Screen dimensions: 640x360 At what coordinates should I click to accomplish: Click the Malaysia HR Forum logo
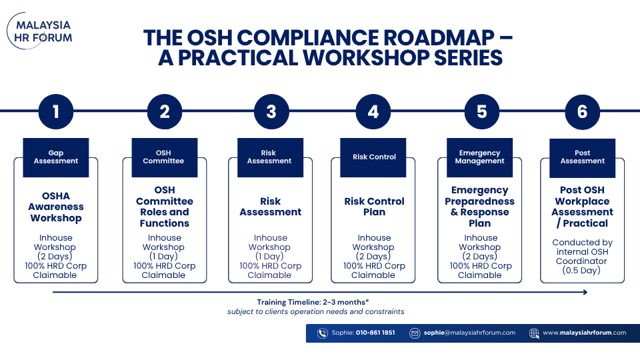39,31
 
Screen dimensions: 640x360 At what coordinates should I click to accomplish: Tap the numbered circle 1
56,111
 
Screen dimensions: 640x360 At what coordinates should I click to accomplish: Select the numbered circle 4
373,111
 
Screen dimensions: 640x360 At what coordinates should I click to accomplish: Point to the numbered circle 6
582,111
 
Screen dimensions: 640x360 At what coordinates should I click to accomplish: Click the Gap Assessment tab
56,157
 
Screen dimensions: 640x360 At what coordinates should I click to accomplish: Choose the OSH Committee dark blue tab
165,157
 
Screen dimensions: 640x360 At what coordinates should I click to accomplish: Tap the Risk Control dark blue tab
373,157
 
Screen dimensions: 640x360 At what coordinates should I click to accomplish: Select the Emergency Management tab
479,157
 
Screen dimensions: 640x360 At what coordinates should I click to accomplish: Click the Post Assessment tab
582,157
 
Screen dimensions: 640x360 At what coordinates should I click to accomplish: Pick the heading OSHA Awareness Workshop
56,207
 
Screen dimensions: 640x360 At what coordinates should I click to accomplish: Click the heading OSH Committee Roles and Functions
165,207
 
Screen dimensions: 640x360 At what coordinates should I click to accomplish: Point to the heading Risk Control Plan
374,207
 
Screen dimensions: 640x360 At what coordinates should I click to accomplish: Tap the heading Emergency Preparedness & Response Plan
479,207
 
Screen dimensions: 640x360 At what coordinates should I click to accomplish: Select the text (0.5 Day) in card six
581,271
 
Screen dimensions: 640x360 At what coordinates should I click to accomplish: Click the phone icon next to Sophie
323,333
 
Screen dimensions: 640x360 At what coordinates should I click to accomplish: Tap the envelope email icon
415,333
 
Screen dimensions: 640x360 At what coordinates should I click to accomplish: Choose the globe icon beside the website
534,333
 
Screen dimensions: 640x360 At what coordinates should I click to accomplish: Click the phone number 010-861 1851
375,333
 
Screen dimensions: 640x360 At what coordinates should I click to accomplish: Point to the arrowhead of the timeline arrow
585,292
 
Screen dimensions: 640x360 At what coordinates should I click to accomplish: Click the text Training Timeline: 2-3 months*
313,302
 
